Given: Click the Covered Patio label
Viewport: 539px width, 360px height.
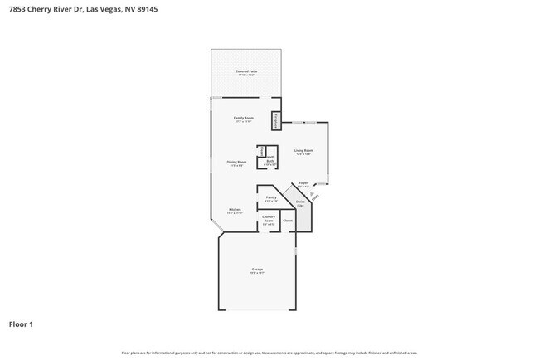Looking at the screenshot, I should [245, 72].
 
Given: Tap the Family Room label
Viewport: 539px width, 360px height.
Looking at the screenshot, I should [243, 119].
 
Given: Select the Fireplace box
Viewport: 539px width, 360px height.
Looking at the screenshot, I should [277, 120].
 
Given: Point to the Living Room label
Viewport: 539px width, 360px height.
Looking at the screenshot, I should [303, 152].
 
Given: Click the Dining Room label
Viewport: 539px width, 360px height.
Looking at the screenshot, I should [236, 163].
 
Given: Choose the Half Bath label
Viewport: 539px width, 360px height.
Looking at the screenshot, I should [270, 163].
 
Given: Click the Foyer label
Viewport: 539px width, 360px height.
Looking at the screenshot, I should [303, 184].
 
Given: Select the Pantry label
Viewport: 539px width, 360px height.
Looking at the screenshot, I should [271, 198].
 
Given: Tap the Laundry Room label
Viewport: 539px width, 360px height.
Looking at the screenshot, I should [269, 220].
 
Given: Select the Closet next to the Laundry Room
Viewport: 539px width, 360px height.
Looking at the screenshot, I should [288, 221].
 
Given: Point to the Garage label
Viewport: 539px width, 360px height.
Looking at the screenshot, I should [257, 271].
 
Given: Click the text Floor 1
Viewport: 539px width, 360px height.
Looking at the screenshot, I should [22, 324].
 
